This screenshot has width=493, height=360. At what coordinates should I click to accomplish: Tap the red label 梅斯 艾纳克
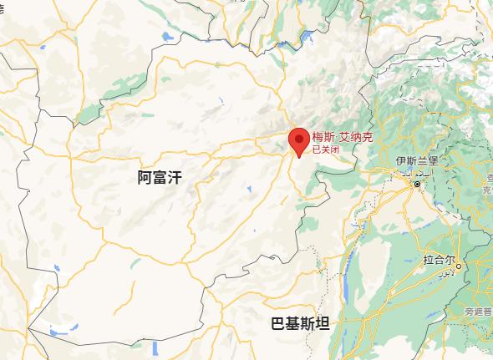(339, 138)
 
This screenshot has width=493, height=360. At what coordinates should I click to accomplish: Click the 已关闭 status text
(325, 150)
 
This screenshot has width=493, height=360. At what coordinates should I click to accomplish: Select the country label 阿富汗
(159, 176)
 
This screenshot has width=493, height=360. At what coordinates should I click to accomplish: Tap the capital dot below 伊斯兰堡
(416, 184)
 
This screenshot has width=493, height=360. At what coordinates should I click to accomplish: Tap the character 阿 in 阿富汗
(144, 176)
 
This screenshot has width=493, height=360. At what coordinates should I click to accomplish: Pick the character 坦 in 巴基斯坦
(323, 325)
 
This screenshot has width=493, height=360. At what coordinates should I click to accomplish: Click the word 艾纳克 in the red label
(353, 138)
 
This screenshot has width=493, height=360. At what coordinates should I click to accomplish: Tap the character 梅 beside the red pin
(318, 138)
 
